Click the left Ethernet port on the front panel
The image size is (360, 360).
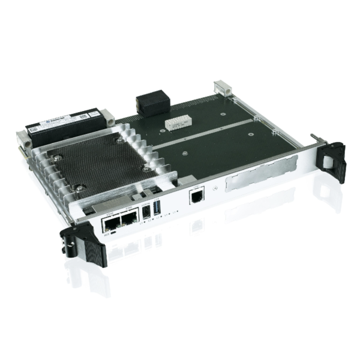click(x=110, y=224)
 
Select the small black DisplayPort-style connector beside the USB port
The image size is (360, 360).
click(x=145, y=212)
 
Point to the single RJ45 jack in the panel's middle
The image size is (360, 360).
click(x=196, y=197)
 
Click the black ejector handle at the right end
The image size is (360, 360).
click(x=332, y=160)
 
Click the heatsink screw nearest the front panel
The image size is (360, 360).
click(x=80, y=187)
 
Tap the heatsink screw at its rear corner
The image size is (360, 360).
click(x=121, y=140)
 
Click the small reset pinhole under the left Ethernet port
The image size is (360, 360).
click(x=113, y=235)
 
